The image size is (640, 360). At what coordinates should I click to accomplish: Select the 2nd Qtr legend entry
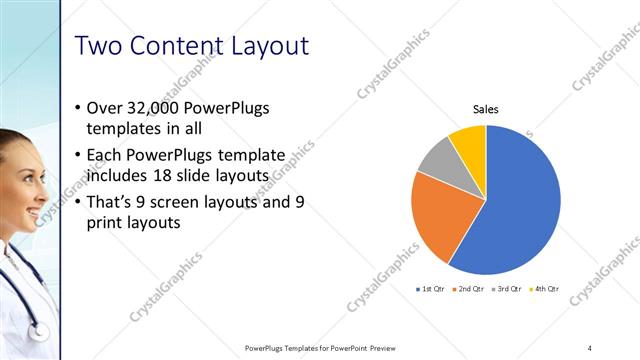(470, 289)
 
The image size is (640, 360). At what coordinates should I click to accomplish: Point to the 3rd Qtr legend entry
(509, 289)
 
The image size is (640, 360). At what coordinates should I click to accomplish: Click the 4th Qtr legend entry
(547, 289)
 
